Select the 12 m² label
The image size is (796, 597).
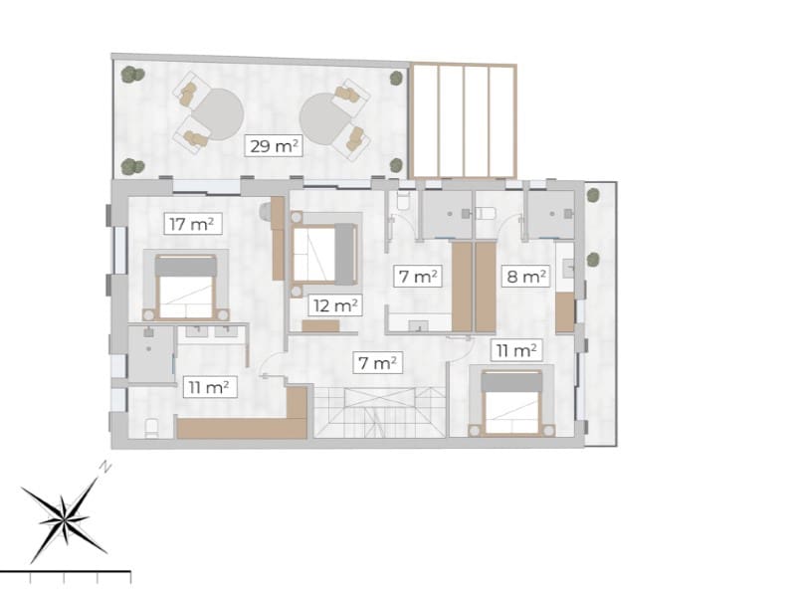click(x=333, y=305)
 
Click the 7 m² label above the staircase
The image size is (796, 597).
click(x=378, y=363)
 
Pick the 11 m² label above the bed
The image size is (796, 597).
click(x=515, y=349)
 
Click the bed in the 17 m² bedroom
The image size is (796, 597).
click(x=187, y=286)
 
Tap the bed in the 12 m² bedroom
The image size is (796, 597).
click(x=324, y=254)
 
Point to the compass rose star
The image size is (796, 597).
click(x=66, y=519)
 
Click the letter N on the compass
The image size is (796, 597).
click(x=105, y=466)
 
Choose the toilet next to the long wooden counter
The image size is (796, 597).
click(x=152, y=428)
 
